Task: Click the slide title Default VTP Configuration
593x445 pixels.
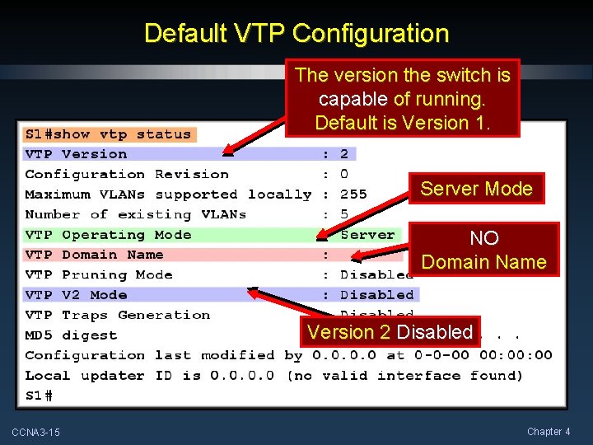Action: tap(296, 34)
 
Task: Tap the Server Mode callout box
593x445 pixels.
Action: tap(476, 189)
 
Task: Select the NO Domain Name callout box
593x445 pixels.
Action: tap(483, 250)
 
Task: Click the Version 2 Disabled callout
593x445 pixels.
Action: tap(390, 332)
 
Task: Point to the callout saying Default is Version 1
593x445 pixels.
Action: tap(403, 99)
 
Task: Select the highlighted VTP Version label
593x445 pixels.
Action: tap(76, 154)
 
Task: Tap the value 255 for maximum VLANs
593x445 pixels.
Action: tap(353, 194)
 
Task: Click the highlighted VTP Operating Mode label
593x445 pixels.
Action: tap(107, 235)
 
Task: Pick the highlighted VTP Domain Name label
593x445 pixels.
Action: tap(94, 255)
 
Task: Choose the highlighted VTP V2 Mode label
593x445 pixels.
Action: tap(76, 295)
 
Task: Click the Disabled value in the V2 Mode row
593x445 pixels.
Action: tap(377, 295)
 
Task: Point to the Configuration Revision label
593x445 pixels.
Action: tap(127, 174)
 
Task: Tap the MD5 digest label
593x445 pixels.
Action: tap(71, 335)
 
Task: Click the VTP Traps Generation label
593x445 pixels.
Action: tap(117, 315)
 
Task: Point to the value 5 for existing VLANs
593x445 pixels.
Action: tap(344, 214)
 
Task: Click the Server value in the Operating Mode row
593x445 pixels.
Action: tap(367, 235)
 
